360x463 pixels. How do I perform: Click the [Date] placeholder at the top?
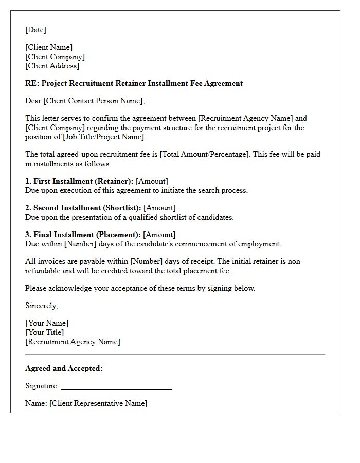[35, 30]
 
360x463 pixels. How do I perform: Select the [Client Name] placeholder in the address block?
[49, 47]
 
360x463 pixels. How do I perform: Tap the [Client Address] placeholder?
[52, 66]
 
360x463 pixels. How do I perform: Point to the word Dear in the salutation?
[33, 101]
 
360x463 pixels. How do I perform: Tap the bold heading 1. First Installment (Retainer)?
[79, 181]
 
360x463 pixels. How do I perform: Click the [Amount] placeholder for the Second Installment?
[159, 208]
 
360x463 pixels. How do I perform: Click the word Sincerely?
[41, 306]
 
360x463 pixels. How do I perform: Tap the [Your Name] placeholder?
[47, 323]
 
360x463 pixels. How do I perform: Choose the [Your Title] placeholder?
[45, 332]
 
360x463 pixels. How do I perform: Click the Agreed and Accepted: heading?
[64, 368]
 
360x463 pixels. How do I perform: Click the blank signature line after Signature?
[116, 387]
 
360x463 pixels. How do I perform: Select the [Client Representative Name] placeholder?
[98, 403]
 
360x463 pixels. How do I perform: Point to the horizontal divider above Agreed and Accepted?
[175, 354]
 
